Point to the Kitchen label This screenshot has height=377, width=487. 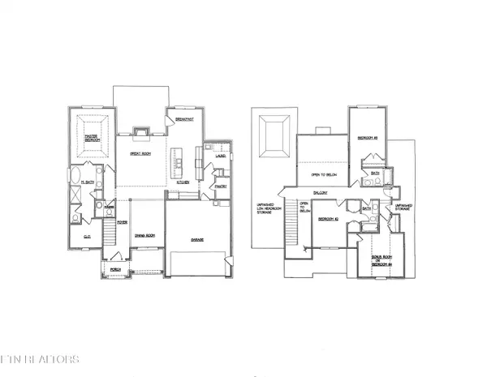pyautogui.click(x=183, y=183)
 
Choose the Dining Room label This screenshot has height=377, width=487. pyautogui.click(x=144, y=236)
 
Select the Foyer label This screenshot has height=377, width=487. pyautogui.click(x=122, y=223)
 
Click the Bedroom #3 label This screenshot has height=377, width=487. pyautogui.click(x=370, y=138)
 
